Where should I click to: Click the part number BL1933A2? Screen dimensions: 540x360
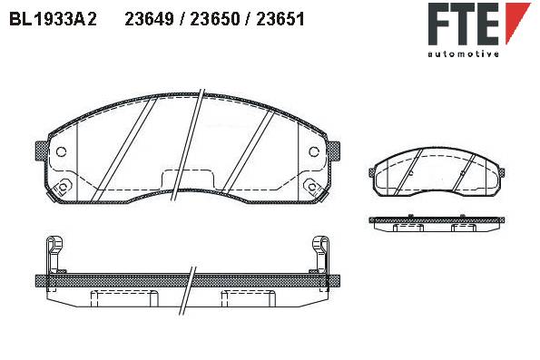click(54, 19)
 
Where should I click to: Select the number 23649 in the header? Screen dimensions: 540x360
click(149, 19)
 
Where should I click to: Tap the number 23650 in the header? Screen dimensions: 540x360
click(214, 19)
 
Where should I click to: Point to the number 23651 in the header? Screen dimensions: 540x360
click(280, 19)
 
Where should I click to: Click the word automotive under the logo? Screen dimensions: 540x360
click(463, 54)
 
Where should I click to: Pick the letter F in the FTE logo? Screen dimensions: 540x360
click(440, 24)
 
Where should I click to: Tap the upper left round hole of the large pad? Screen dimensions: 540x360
click(62, 151)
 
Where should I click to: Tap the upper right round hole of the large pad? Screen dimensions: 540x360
click(314, 151)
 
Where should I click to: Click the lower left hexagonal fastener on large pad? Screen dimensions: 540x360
click(63, 187)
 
